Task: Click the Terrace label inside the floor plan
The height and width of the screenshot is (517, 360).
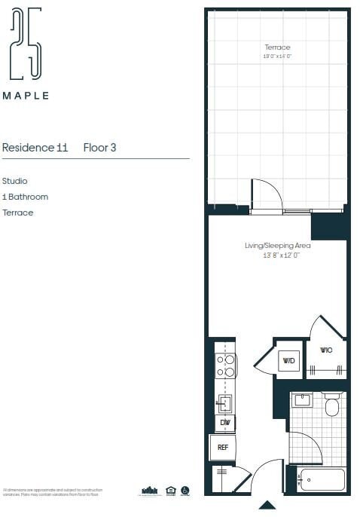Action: point(277,47)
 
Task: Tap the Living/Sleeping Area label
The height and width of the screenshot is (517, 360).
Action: point(277,246)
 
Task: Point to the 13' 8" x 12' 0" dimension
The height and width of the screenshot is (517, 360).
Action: point(277,256)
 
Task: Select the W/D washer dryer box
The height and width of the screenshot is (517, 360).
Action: point(288,361)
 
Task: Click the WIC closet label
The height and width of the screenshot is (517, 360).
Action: point(326,350)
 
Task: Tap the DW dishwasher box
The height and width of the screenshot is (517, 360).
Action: point(224,423)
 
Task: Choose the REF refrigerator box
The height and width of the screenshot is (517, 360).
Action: point(223,448)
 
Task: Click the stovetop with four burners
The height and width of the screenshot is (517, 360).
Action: point(225,366)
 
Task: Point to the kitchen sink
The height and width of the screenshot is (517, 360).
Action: point(224,402)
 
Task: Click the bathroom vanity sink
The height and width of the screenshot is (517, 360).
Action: point(303,400)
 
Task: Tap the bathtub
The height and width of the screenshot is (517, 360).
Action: point(321,479)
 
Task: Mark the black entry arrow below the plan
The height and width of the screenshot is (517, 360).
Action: point(267,505)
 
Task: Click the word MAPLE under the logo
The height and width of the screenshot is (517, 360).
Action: point(26,96)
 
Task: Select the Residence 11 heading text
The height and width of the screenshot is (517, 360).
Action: point(35,148)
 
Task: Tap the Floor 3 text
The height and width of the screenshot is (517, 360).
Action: point(99,148)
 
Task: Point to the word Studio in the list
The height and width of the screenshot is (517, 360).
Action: point(15,181)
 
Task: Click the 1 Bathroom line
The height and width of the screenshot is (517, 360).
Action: point(25,197)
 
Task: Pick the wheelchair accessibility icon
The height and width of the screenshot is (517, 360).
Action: point(185,491)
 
